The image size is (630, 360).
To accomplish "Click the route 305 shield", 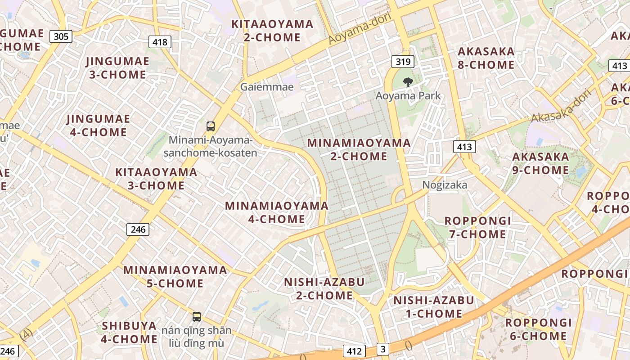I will click(61, 36).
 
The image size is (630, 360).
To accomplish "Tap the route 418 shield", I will click(160, 42).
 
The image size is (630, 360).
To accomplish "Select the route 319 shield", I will click(402, 62).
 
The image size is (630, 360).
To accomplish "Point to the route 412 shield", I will click(354, 351).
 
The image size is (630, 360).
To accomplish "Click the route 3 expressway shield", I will click(382, 349).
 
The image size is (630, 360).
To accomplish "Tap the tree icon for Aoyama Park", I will click(408, 82).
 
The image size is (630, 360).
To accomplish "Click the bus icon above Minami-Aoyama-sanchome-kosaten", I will click(211, 126).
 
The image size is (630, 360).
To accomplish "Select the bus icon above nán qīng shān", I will click(197, 316).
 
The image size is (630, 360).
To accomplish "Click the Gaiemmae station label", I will click(267, 87).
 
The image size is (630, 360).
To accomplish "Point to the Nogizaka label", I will click(445, 185).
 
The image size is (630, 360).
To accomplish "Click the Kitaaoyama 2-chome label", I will click(272, 31).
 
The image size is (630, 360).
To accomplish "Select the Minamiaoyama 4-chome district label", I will click(277, 212).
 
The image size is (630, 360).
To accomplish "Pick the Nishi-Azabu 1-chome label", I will click(434, 307).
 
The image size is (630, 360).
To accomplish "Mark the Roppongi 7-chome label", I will click(477, 227).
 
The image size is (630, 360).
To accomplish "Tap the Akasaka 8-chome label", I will click(486, 58).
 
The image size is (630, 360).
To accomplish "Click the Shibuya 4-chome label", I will click(129, 332).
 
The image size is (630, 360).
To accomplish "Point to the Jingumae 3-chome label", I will click(117, 68).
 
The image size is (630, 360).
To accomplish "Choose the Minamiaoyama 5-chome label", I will click(175, 276).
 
